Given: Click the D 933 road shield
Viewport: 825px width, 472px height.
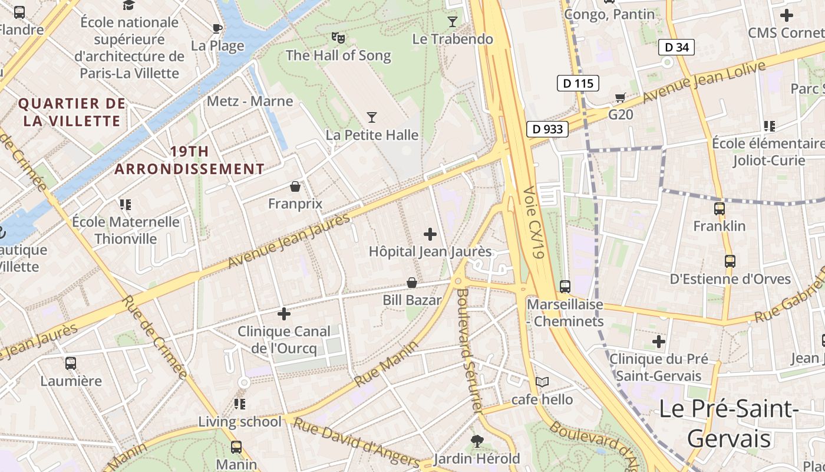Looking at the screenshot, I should coord(547,129).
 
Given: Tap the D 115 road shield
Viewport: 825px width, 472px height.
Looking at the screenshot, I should coord(578,83).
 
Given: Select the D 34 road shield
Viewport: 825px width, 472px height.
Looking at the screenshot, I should coord(676,47).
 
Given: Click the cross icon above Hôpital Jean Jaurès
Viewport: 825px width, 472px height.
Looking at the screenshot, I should coord(430,234).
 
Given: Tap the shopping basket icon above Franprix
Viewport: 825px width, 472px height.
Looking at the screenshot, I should coord(295,187).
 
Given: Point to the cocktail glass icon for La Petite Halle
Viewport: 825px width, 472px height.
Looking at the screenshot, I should coord(372,117).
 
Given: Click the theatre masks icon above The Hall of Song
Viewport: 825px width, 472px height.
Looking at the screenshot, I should coord(338,38).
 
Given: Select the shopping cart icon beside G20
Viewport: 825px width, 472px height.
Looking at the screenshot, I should coord(620,97).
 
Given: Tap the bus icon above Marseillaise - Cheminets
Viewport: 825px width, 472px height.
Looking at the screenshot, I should coord(565,287).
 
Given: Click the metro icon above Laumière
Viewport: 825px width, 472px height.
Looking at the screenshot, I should coord(71,363).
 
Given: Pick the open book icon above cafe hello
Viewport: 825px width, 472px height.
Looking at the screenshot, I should coord(542,382).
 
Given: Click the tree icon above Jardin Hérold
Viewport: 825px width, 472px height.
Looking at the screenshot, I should coord(477,441).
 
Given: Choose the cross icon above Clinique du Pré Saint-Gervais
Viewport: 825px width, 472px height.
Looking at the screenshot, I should coord(659,342).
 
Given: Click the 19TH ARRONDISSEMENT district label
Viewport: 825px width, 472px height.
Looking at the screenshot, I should coord(189,160).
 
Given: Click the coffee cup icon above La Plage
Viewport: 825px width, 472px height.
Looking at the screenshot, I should coord(217,28).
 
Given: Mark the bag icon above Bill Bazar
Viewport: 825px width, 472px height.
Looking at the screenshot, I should coord(412,283).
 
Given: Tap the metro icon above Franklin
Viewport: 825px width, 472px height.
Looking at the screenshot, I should coord(720,209).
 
